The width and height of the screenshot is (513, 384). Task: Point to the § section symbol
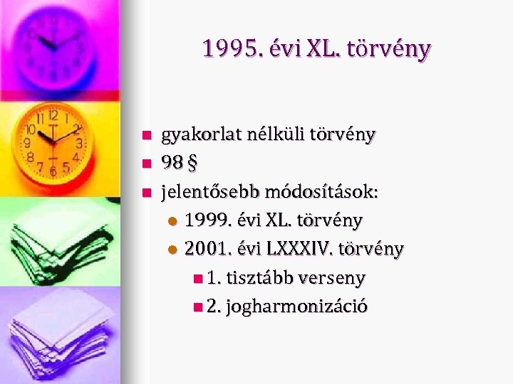click(x=191, y=164)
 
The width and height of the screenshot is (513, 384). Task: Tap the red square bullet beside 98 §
click(x=146, y=164)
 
